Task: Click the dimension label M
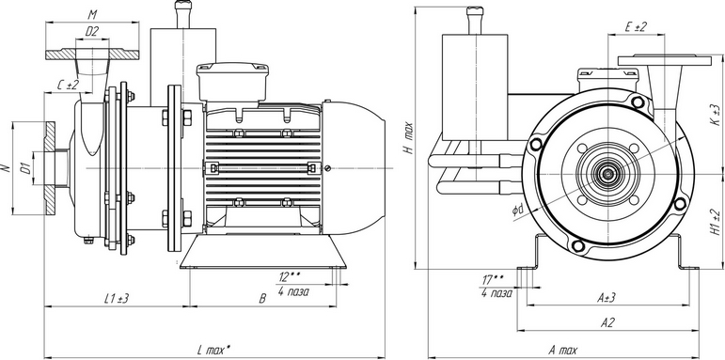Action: click(92, 15)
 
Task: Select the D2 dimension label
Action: click(92, 31)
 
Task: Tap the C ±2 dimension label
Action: click(68, 85)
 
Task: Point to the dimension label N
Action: click(6, 168)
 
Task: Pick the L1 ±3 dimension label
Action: click(116, 299)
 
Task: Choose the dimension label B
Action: click(262, 299)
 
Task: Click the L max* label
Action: click(213, 350)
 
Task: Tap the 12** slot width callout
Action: click(290, 277)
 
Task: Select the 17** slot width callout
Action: click(493, 279)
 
